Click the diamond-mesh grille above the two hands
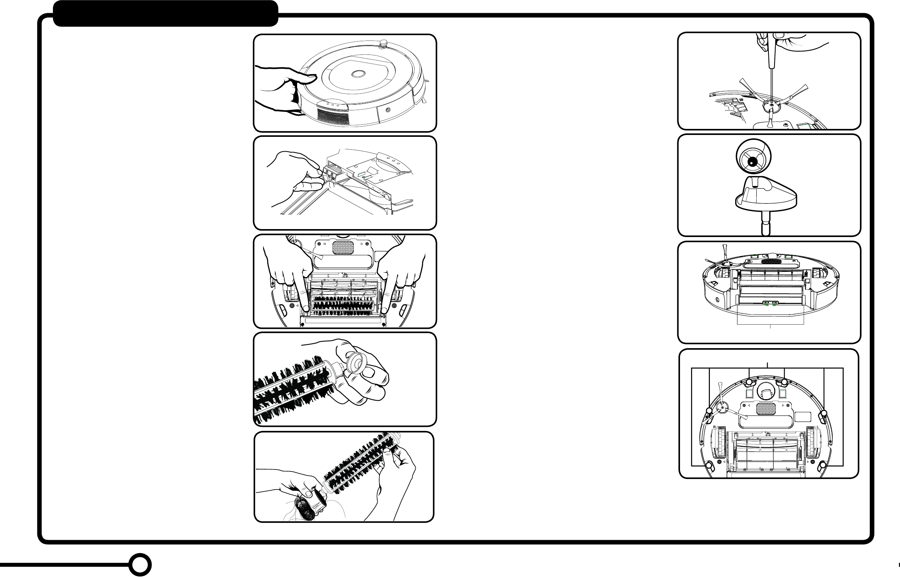pyautogui.click(x=343, y=248)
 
